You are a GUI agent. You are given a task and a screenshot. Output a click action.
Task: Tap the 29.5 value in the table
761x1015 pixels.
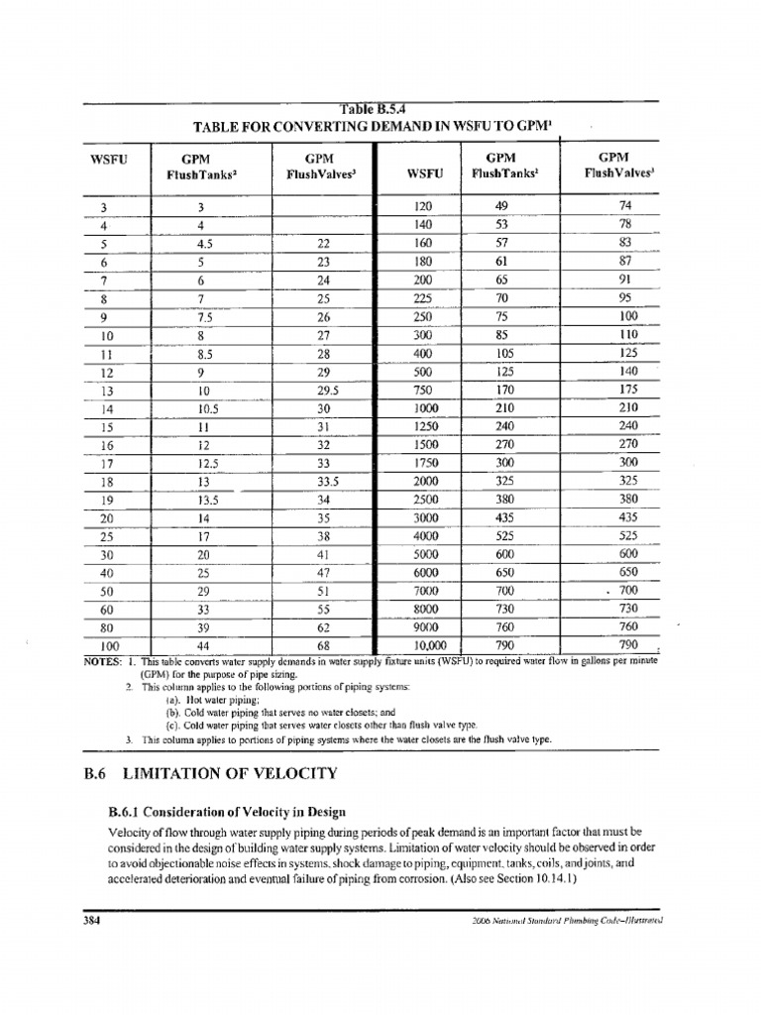click(318, 391)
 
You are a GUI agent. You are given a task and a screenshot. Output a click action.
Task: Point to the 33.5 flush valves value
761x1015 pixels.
click(318, 483)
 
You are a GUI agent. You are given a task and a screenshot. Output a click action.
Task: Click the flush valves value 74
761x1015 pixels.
click(624, 206)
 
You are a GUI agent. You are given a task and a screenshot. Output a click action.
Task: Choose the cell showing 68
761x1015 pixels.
click(322, 645)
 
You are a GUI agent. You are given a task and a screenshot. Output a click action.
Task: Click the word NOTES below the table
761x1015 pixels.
click(102, 660)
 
